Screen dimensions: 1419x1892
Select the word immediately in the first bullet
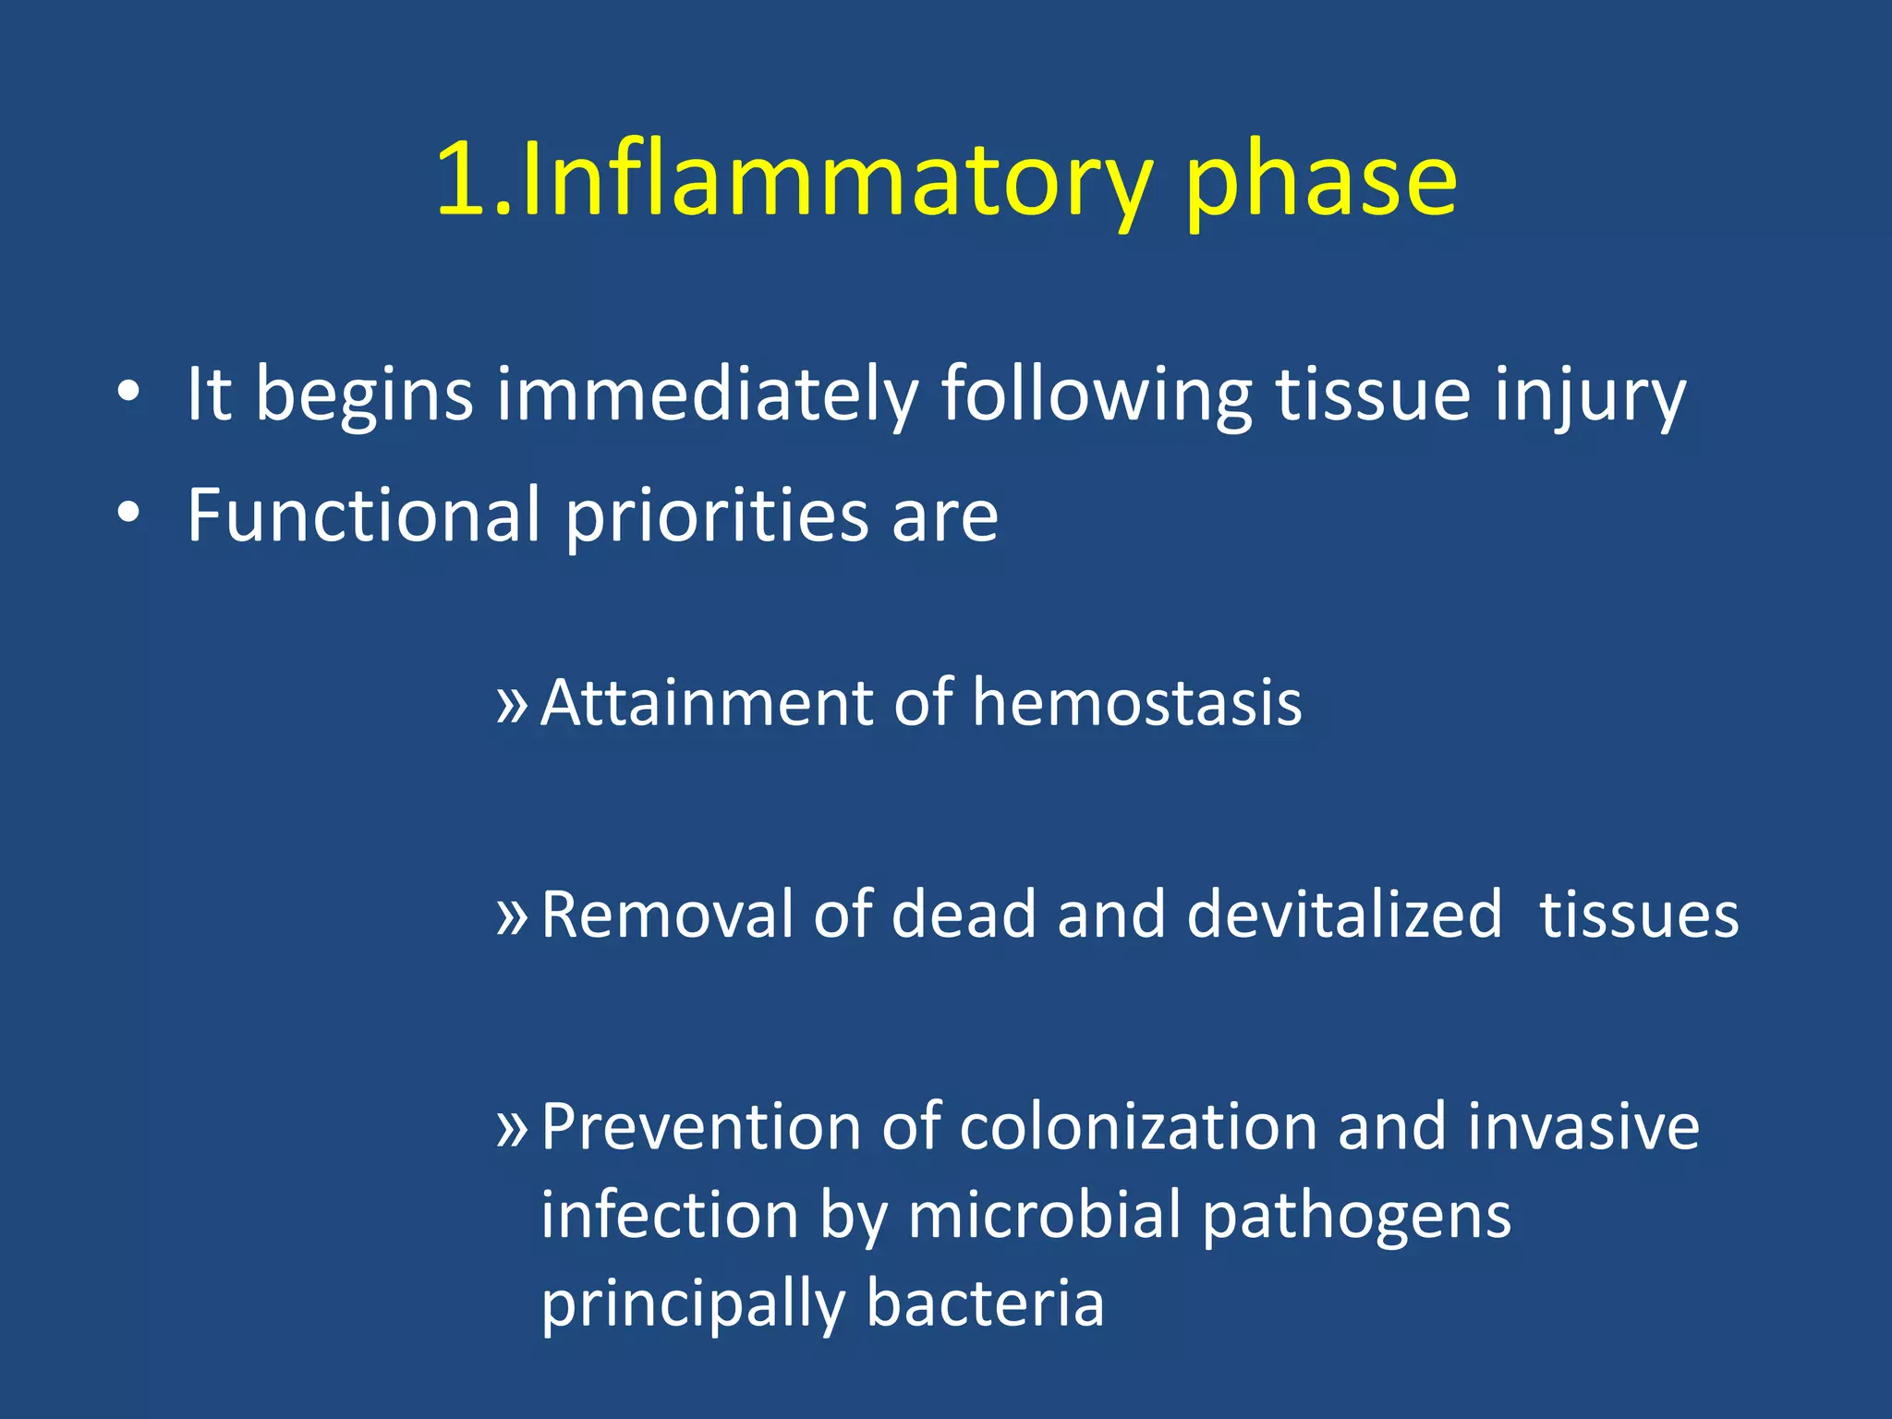coord(707,395)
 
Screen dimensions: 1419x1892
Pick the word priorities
coord(716,515)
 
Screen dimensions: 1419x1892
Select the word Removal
coord(666,915)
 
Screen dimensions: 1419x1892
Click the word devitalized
coord(1344,915)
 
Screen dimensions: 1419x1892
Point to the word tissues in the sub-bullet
coord(1638,915)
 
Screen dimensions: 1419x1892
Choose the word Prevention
coord(702,1127)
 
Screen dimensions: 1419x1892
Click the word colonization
coord(1138,1127)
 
